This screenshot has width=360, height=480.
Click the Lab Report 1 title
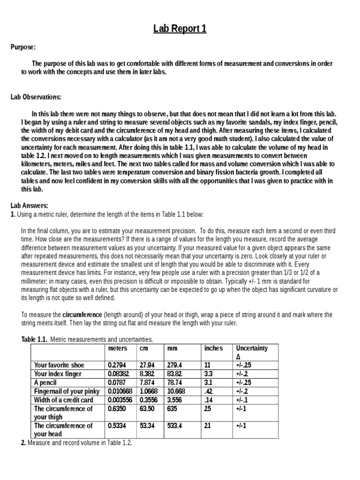click(x=180, y=29)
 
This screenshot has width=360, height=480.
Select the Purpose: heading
click(x=23, y=47)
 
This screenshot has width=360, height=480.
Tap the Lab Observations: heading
click(x=36, y=97)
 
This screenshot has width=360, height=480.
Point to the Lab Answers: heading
click(x=29, y=206)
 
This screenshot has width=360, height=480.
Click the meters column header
click(x=118, y=348)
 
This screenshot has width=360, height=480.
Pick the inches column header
click(x=214, y=348)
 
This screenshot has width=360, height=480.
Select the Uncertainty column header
click(x=252, y=348)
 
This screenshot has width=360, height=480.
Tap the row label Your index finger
click(x=58, y=374)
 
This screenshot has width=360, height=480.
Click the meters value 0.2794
click(x=117, y=365)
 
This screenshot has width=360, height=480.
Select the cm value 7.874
click(x=147, y=382)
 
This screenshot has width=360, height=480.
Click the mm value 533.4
click(x=175, y=426)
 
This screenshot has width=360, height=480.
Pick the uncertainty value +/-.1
click(x=242, y=400)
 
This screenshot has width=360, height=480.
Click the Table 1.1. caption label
click(x=34, y=339)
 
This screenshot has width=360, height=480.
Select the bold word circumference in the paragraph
click(x=82, y=315)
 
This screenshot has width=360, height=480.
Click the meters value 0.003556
click(x=121, y=400)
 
